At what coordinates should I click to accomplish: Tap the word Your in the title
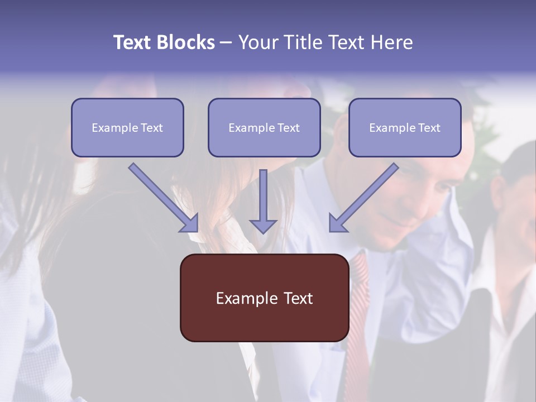pos(259,42)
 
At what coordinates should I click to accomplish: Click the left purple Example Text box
pos(127,127)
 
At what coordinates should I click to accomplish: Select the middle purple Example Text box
pos(264,127)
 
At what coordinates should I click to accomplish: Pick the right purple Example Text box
pos(405,127)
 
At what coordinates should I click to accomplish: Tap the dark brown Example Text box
pos(264,298)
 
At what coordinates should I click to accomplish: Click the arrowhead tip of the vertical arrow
pos(263,231)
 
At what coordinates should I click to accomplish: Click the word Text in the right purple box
pos(429,128)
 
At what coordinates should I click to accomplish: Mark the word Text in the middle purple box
pos(289,128)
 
